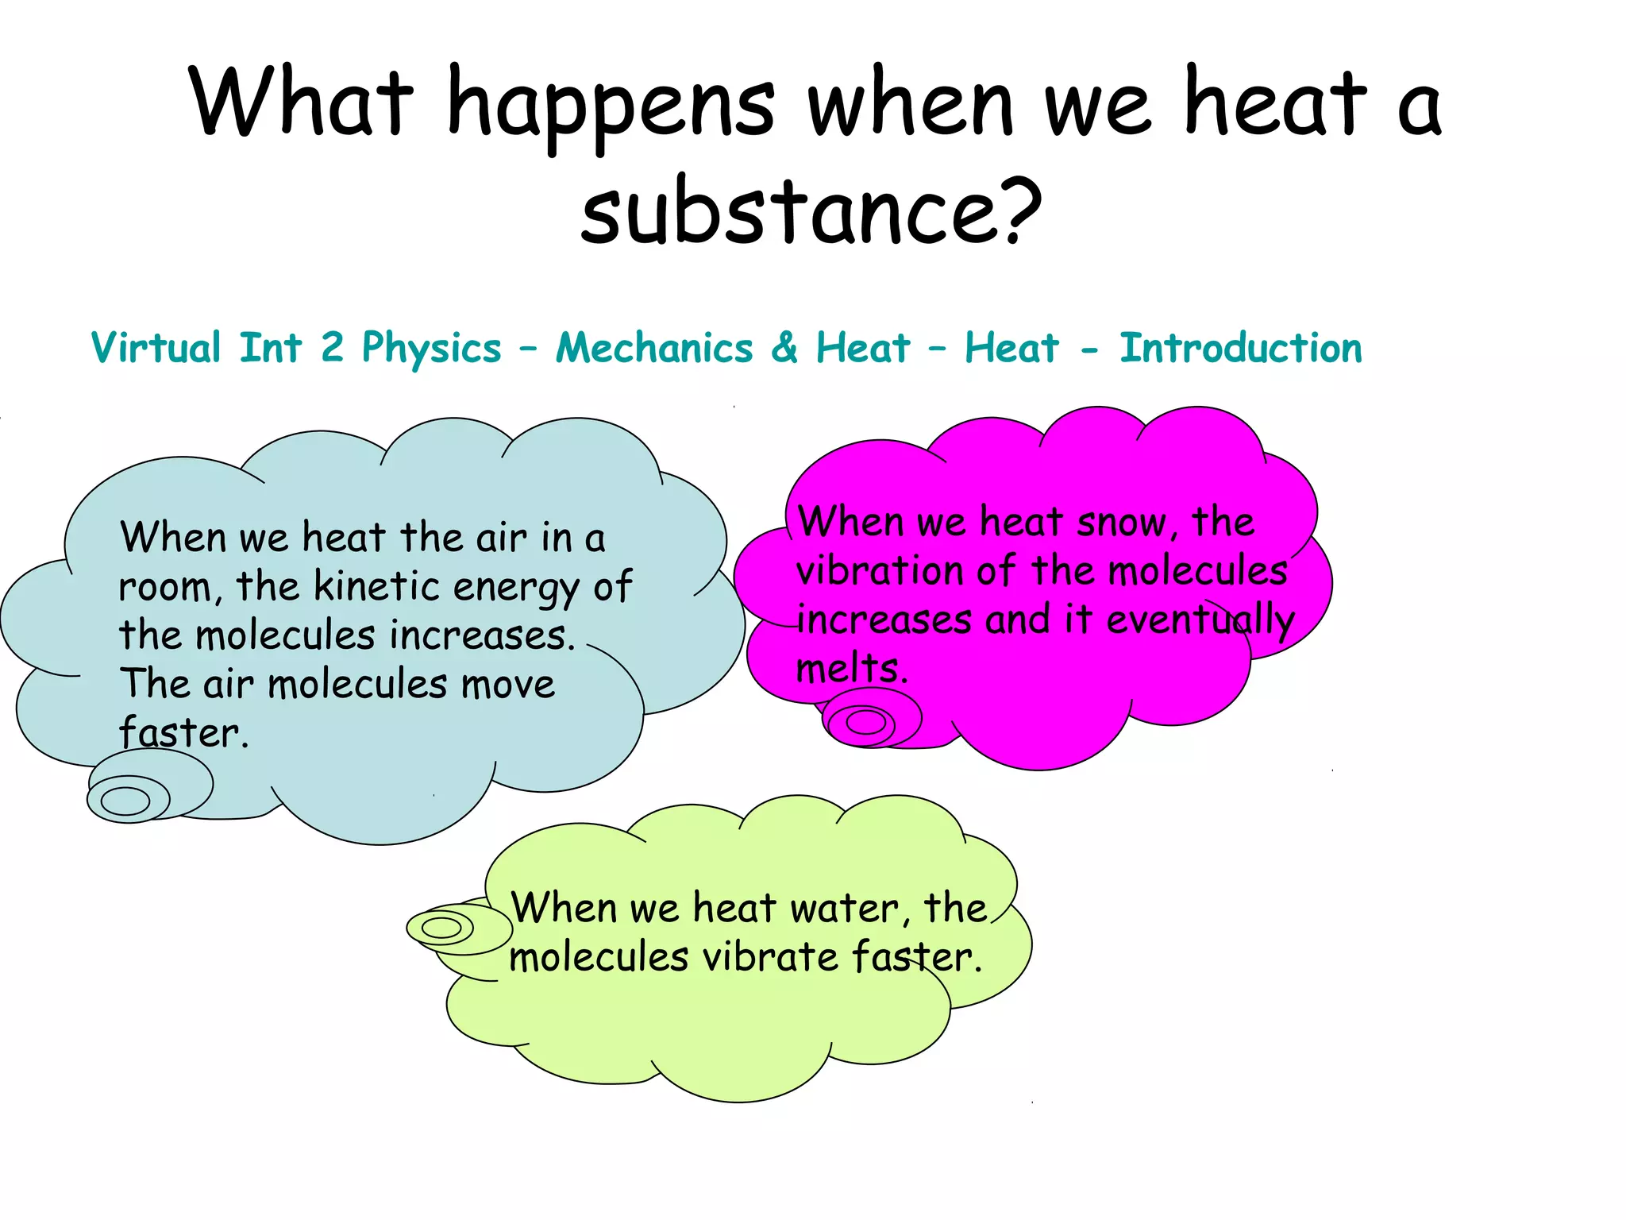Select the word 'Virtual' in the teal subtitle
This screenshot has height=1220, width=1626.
coord(156,348)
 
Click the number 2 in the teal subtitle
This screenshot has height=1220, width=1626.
coord(332,348)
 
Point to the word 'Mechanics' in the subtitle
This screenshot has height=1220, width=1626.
coord(654,348)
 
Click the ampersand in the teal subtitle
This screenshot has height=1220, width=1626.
coord(784,348)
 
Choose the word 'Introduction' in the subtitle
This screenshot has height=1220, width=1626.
coord(1240,348)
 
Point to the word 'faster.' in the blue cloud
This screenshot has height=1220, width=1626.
coord(183,732)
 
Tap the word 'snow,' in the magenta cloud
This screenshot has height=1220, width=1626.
coord(1122,523)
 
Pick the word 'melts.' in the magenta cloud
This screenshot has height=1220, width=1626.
coord(851,669)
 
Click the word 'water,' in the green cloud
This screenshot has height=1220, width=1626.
coord(846,908)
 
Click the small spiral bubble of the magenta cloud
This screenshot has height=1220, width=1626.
coord(865,721)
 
